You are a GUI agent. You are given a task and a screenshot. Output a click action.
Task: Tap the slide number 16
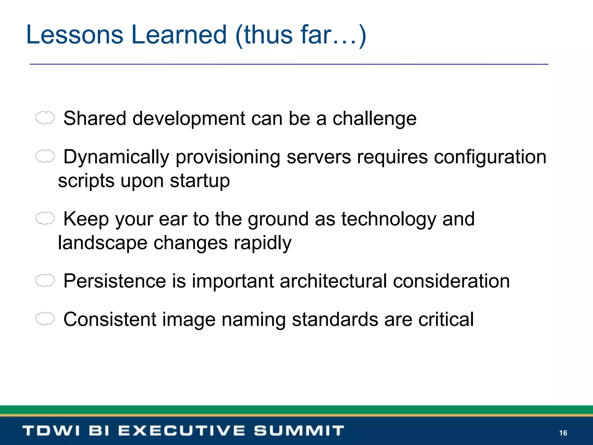click(563, 433)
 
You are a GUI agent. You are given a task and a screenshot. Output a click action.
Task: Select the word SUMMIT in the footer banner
click(299, 431)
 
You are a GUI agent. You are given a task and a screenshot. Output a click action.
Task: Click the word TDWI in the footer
click(51, 431)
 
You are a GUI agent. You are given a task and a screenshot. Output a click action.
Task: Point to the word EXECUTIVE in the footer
click(182, 431)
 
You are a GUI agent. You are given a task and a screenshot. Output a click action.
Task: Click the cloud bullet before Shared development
click(45, 118)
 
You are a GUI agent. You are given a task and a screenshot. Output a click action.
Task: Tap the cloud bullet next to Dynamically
click(45, 156)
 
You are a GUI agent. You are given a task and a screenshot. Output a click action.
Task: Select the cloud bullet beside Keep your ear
click(45, 218)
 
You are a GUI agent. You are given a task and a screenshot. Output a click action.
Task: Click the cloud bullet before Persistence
click(45, 280)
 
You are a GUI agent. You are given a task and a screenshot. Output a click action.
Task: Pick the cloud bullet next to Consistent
click(45, 319)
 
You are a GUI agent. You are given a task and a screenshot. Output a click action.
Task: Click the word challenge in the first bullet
click(374, 119)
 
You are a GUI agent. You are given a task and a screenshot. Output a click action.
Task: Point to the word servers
click(319, 157)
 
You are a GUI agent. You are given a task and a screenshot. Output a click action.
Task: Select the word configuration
click(490, 157)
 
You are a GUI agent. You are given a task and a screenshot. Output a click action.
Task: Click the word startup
click(200, 181)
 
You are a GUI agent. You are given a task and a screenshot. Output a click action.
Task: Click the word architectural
click(333, 281)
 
